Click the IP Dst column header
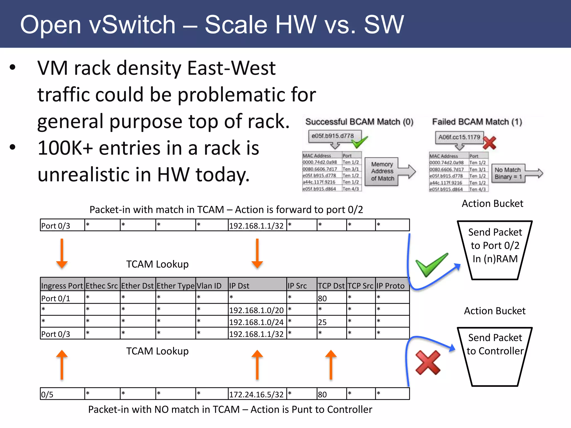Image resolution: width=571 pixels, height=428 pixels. (x=257, y=286)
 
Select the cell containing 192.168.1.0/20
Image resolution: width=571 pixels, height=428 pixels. (x=256, y=310)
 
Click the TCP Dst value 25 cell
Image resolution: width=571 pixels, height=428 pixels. (x=331, y=322)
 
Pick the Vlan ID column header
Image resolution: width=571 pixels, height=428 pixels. (x=211, y=286)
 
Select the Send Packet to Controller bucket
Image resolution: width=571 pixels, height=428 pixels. (x=495, y=357)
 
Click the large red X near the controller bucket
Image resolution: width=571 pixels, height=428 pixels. (x=428, y=363)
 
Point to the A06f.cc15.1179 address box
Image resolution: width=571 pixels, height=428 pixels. (x=459, y=137)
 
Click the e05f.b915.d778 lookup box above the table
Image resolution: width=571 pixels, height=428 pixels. (x=333, y=136)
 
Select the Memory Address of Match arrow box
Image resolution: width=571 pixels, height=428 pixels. (x=383, y=171)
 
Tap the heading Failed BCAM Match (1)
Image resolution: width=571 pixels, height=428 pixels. (x=477, y=122)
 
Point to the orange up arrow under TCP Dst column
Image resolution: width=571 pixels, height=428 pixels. (x=331, y=365)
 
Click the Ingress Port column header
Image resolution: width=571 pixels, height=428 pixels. (x=62, y=286)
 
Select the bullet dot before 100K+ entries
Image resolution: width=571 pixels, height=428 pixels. (x=13, y=147)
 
